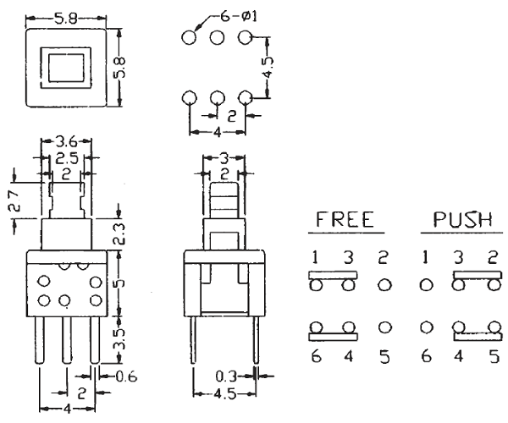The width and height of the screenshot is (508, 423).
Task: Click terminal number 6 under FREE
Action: pyautogui.click(x=313, y=358)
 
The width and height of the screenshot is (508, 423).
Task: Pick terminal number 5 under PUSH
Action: pyautogui.click(x=490, y=358)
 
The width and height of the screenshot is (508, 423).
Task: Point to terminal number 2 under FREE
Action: pyautogui.click(x=384, y=255)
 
